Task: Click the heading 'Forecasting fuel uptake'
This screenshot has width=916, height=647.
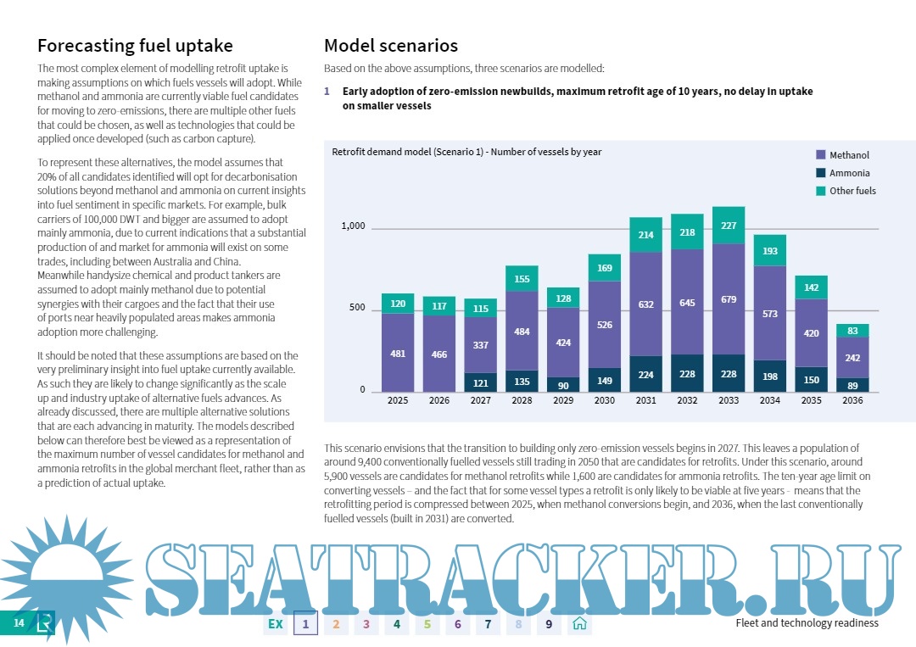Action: [x=135, y=46]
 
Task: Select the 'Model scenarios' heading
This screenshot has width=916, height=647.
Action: [x=391, y=46]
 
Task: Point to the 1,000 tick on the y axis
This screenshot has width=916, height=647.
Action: [x=353, y=226]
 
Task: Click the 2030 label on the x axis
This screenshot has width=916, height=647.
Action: [x=605, y=400]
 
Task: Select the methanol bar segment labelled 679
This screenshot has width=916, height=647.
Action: [x=729, y=299]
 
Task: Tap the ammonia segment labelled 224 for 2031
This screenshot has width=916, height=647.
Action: [x=645, y=374]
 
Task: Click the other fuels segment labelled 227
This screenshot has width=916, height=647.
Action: [x=729, y=226]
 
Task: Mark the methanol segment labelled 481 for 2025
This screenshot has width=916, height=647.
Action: [x=398, y=353]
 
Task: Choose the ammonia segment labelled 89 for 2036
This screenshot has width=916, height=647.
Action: [x=852, y=385]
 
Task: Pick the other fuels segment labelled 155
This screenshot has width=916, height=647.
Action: [x=522, y=279]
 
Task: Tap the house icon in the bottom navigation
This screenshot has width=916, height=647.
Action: [x=579, y=624]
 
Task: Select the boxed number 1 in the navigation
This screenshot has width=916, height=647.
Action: [x=305, y=624]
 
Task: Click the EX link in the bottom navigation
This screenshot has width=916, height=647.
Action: [x=275, y=624]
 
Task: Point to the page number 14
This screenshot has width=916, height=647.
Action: [x=19, y=623]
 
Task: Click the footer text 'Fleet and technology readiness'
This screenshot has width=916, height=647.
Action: [x=807, y=623]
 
